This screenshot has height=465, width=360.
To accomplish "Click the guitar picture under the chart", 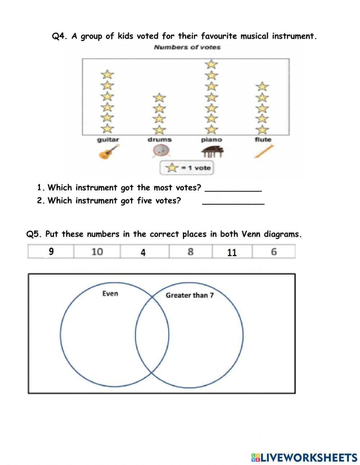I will click(x=109, y=152).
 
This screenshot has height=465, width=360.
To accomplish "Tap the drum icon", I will click(x=161, y=151).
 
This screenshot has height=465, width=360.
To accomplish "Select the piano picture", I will click(x=212, y=152).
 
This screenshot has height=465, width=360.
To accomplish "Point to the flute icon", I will click(x=264, y=151).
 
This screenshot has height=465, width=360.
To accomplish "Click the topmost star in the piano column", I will click(x=212, y=64).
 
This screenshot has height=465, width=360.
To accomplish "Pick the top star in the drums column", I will click(x=159, y=98).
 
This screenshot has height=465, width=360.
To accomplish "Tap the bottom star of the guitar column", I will click(x=107, y=128).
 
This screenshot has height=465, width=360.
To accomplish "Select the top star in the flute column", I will click(x=262, y=87).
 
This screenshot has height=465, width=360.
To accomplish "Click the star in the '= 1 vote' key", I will click(x=172, y=168).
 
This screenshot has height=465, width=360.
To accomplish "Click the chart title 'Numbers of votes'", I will click(x=187, y=47).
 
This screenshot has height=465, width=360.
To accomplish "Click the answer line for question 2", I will click(x=233, y=202).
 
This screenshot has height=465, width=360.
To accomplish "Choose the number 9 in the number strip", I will click(x=51, y=251).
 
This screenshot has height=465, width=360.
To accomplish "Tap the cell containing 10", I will click(x=97, y=251).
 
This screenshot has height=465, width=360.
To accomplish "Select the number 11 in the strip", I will click(x=232, y=252).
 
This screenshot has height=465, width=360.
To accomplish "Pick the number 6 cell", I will click(x=274, y=251).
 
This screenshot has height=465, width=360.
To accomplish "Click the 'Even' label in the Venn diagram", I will click(x=110, y=294).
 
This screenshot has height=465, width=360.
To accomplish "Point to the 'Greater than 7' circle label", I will click(x=189, y=295).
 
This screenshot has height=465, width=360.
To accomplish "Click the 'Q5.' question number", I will click(x=35, y=234).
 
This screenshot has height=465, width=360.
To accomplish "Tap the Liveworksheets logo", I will click(x=304, y=457).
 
